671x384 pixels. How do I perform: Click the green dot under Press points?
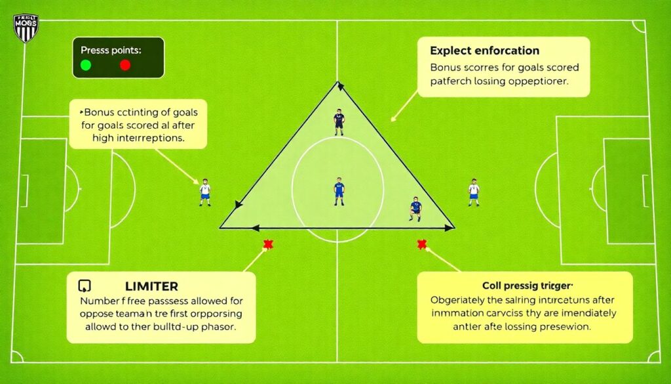pos(85,65)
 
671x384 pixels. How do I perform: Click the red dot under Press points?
pos(125,65)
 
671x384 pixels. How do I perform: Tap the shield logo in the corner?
pos(26,28)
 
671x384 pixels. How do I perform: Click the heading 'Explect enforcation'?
pos(484,51)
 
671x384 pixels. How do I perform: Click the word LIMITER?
pos(151,286)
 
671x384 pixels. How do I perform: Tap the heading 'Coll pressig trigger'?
pos(527,286)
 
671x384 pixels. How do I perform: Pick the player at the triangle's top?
pos(339,122)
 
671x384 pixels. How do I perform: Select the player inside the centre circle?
pos(339,191)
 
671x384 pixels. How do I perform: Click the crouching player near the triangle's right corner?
pos(415,207)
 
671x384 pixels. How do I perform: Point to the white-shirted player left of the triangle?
pos(205,192)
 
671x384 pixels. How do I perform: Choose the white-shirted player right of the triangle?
pos(474,192)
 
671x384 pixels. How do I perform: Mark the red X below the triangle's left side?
pos(267,245)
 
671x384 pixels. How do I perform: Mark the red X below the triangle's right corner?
pos(421,245)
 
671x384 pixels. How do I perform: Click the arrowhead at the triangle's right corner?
pos(450,228)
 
